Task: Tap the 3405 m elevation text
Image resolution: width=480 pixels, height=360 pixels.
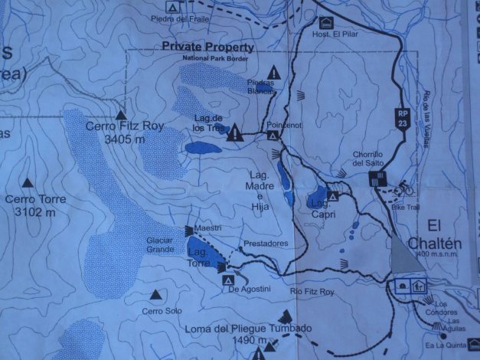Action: (x=123, y=139)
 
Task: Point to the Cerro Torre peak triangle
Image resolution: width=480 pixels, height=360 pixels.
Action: (x=28, y=182)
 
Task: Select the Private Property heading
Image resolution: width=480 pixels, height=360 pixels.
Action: (x=207, y=47)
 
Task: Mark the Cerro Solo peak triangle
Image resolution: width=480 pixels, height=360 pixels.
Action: (x=157, y=295)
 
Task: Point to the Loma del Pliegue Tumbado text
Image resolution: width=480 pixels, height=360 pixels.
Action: (x=248, y=329)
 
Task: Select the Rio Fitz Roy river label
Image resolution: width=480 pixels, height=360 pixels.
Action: (x=313, y=292)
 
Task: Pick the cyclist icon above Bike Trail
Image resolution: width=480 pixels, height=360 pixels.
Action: (x=404, y=188)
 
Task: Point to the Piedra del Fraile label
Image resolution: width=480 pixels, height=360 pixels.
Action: (x=181, y=18)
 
